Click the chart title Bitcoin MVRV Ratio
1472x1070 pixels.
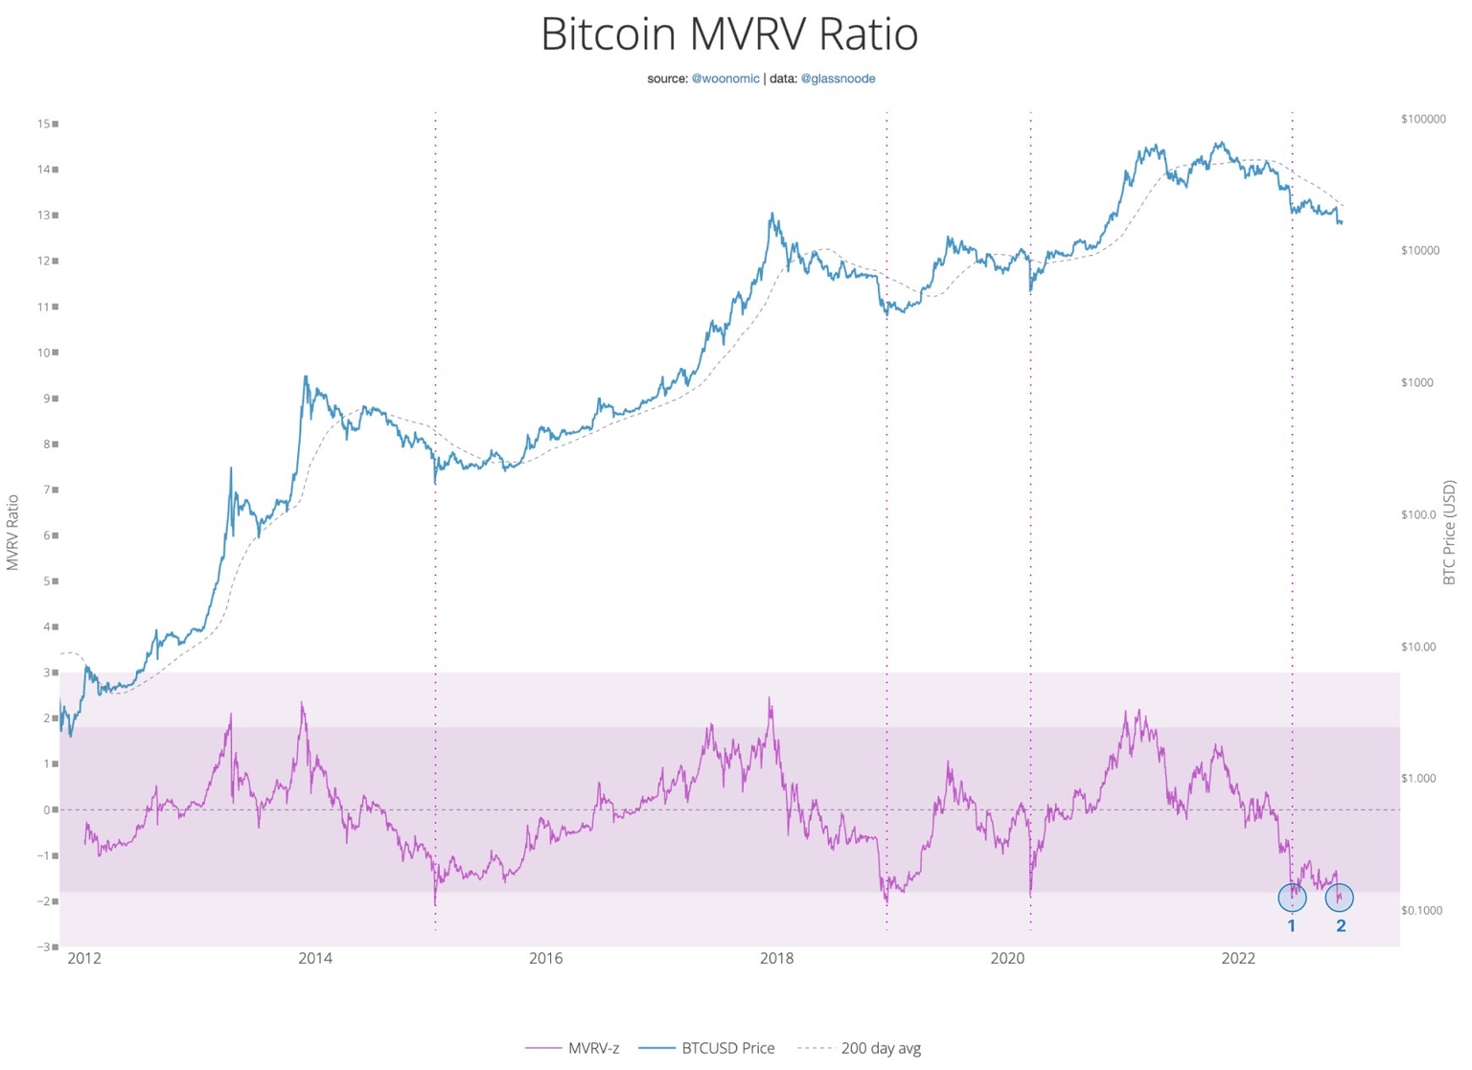click(729, 34)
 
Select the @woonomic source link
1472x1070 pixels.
click(725, 79)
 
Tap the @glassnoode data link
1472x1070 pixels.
click(838, 79)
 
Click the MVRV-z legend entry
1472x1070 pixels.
click(592, 1048)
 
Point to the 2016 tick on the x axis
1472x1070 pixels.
click(545, 958)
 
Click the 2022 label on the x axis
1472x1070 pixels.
click(1238, 958)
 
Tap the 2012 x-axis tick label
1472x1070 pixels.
click(84, 958)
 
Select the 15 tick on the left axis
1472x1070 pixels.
click(44, 124)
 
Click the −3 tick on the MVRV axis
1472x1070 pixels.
click(44, 947)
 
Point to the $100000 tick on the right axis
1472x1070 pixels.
click(1423, 119)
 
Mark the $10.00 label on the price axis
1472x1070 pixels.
click(1418, 647)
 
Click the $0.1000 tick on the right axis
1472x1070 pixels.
click(1421, 910)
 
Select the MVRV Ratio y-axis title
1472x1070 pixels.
click(13, 533)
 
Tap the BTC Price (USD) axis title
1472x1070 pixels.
click(1449, 533)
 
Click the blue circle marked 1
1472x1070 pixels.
click(1292, 898)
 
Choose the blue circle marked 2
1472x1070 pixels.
click(1339, 898)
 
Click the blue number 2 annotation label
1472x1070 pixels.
click(1341, 925)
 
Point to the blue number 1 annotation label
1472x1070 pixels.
click(1292, 925)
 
